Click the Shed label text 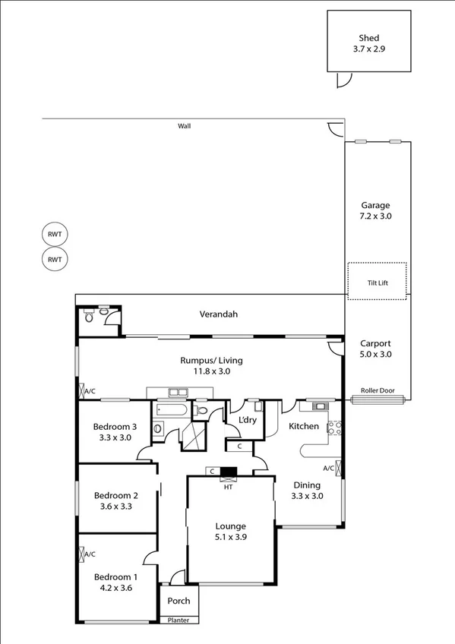coord(369,38)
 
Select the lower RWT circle coord(54,260)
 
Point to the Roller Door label coord(378,390)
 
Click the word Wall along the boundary coord(184,126)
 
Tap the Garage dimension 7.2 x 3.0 coord(375,216)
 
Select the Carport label coord(375,343)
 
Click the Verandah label coord(215,314)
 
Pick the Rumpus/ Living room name coord(211,361)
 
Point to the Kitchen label coord(304,426)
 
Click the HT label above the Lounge coord(228,487)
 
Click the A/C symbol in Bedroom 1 coord(83,554)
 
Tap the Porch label coord(179,601)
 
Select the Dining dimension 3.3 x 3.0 coord(308,496)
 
